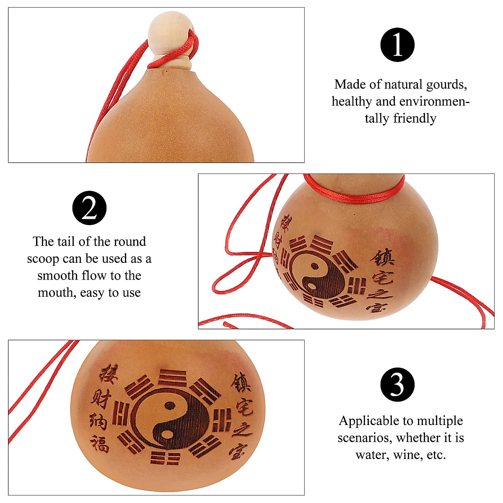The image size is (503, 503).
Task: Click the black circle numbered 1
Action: click(x=397, y=45)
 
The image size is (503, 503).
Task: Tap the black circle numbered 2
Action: click(x=89, y=208)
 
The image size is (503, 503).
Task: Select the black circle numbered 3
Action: click(x=397, y=385)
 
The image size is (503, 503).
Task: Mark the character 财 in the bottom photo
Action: click(x=100, y=399)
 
